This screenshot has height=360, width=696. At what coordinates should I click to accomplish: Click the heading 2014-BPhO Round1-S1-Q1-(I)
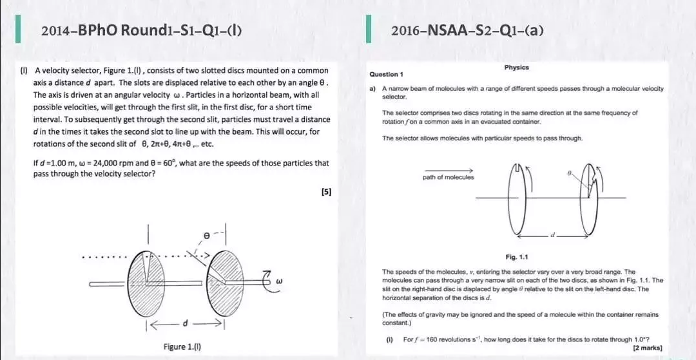tap(141, 30)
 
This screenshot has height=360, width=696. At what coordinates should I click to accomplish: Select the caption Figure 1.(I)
tap(182, 346)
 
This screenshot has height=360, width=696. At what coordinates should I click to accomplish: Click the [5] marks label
tap(326, 191)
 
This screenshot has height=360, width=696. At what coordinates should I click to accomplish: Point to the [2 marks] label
tap(648, 347)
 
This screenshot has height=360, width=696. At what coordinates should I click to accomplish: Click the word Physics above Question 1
tap(516, 67)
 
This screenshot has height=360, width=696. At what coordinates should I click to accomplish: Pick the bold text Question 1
tap(387, 74)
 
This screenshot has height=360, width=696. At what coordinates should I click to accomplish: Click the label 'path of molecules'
tap(448, 177)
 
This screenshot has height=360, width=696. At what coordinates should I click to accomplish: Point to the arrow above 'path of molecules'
tap(448, 169)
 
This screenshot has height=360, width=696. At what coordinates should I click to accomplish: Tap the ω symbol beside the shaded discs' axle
tap(278, 281)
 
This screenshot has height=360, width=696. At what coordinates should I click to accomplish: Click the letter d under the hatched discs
tap(186, 322)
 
